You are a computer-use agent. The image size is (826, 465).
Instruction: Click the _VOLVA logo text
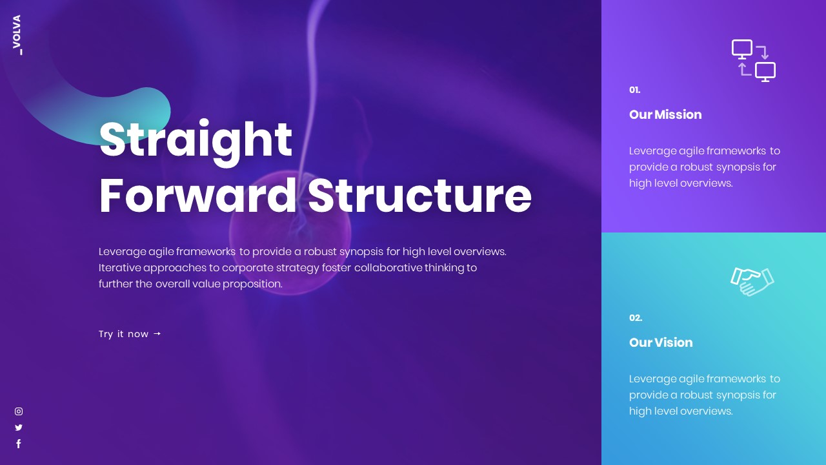(x=17, y=34)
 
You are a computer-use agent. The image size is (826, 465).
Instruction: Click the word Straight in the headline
(x=196, y=139)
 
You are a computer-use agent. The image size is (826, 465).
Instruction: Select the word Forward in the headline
(x=197, y=196)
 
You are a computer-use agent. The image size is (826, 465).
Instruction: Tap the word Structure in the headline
(x=419, y=196)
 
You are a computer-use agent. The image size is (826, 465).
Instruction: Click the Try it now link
(x=124, y=334)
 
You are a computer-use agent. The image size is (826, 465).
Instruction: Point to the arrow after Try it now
(x=157, y=334)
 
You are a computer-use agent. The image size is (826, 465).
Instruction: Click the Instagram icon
(x=19, y=411)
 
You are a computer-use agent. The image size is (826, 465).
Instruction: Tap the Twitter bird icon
(x=19, y=428)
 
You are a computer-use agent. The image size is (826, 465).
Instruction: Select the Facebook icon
(x=19, y=444)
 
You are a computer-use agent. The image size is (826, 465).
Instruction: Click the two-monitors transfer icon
(x=753, y=61)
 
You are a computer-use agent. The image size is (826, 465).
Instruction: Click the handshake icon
(x=752, y=282)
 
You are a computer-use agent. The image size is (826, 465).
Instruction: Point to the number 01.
(x=634, y=90)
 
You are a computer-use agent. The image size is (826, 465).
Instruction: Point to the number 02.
(x=636, y=318)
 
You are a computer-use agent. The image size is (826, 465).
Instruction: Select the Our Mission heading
(x=665, y=114)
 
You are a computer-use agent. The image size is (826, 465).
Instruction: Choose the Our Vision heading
(x=661, y=342)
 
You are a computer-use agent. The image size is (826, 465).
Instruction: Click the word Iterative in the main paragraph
(x=119, y=267)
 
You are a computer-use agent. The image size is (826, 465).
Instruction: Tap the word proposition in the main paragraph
(x=252, y=284)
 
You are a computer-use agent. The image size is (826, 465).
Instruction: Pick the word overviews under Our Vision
(x=706, y=411)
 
